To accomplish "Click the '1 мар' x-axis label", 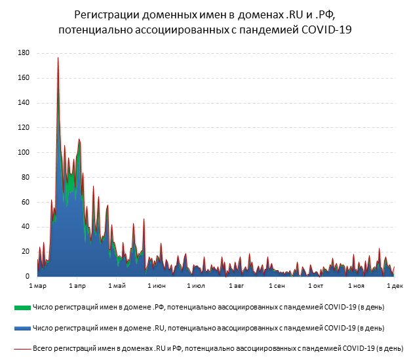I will [x=38, y=286].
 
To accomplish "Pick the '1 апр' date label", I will [x=77, y=286].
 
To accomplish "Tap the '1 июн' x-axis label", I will [x=157, y=286].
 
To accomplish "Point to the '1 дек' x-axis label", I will [x=395, y=286].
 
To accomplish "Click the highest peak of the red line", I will [x=58, y=58].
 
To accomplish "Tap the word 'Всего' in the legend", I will [x=43, y=348].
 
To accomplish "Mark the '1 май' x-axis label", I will [x=117, y=286].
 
